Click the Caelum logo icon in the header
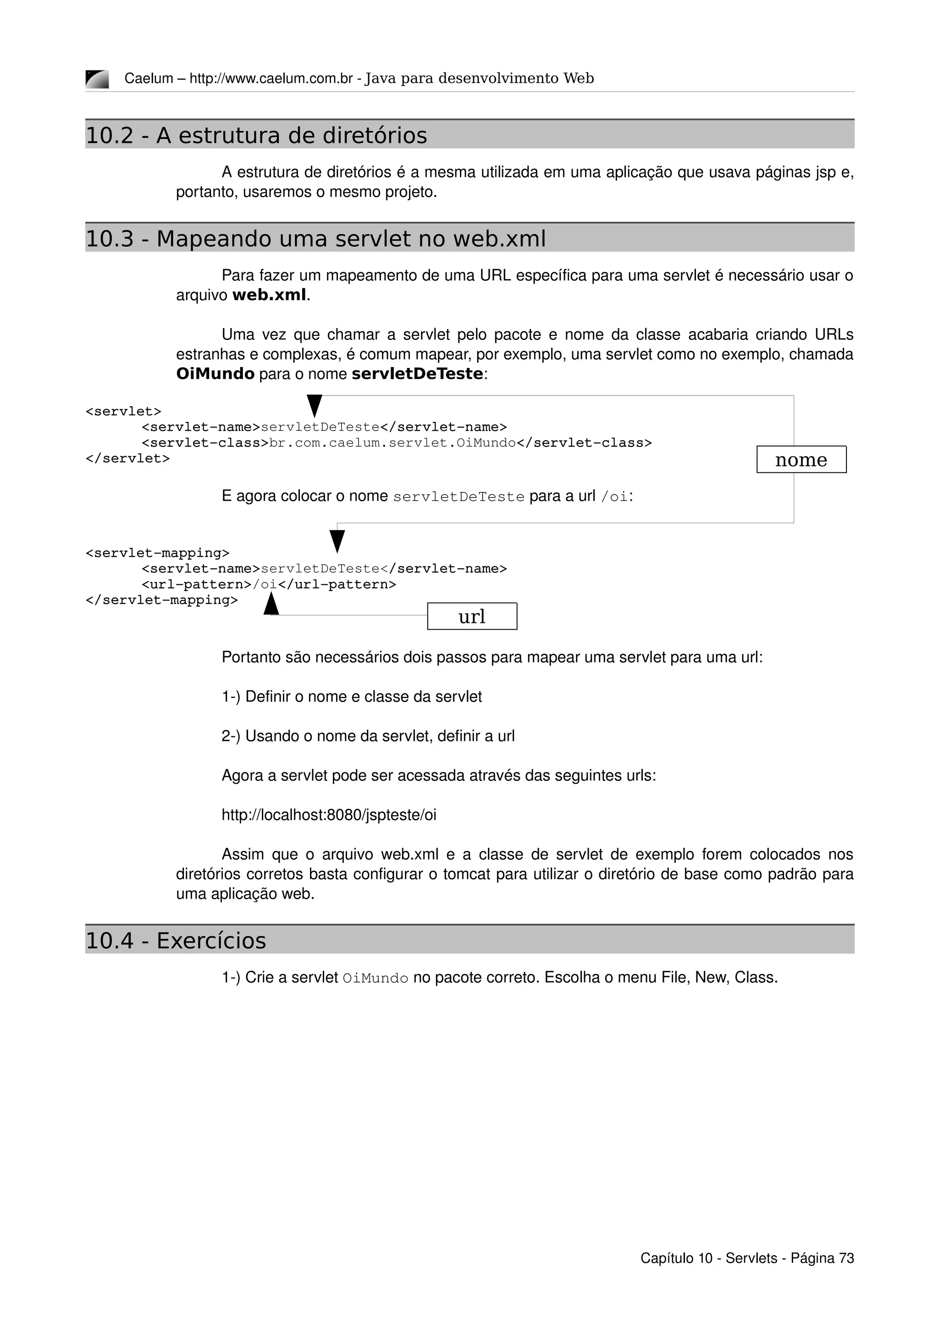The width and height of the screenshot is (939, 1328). pyautogui.click(x=97, y=79)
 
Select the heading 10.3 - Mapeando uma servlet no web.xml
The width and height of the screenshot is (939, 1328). pyautogui.click(x=315, y=239)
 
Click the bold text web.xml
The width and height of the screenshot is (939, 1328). pyautogui.click(x=269, y=295)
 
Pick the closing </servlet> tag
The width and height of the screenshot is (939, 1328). pyautogui.click(x=128, y=459)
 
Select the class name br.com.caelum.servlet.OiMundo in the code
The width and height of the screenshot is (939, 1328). pyautogui.click(x=392, y=443)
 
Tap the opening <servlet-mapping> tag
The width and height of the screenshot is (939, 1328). pyautogui.click(x=157, y=553)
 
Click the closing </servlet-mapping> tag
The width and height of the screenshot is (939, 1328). pyautogui.click(x=161, y=600)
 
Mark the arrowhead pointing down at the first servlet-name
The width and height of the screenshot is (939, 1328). pyautogui.click(x=314, y=406)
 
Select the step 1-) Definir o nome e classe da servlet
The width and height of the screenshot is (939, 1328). pyautogui.click(x=351, y=697)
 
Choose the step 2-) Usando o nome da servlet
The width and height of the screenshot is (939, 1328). pyautogui.click(x=368, y=736)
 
